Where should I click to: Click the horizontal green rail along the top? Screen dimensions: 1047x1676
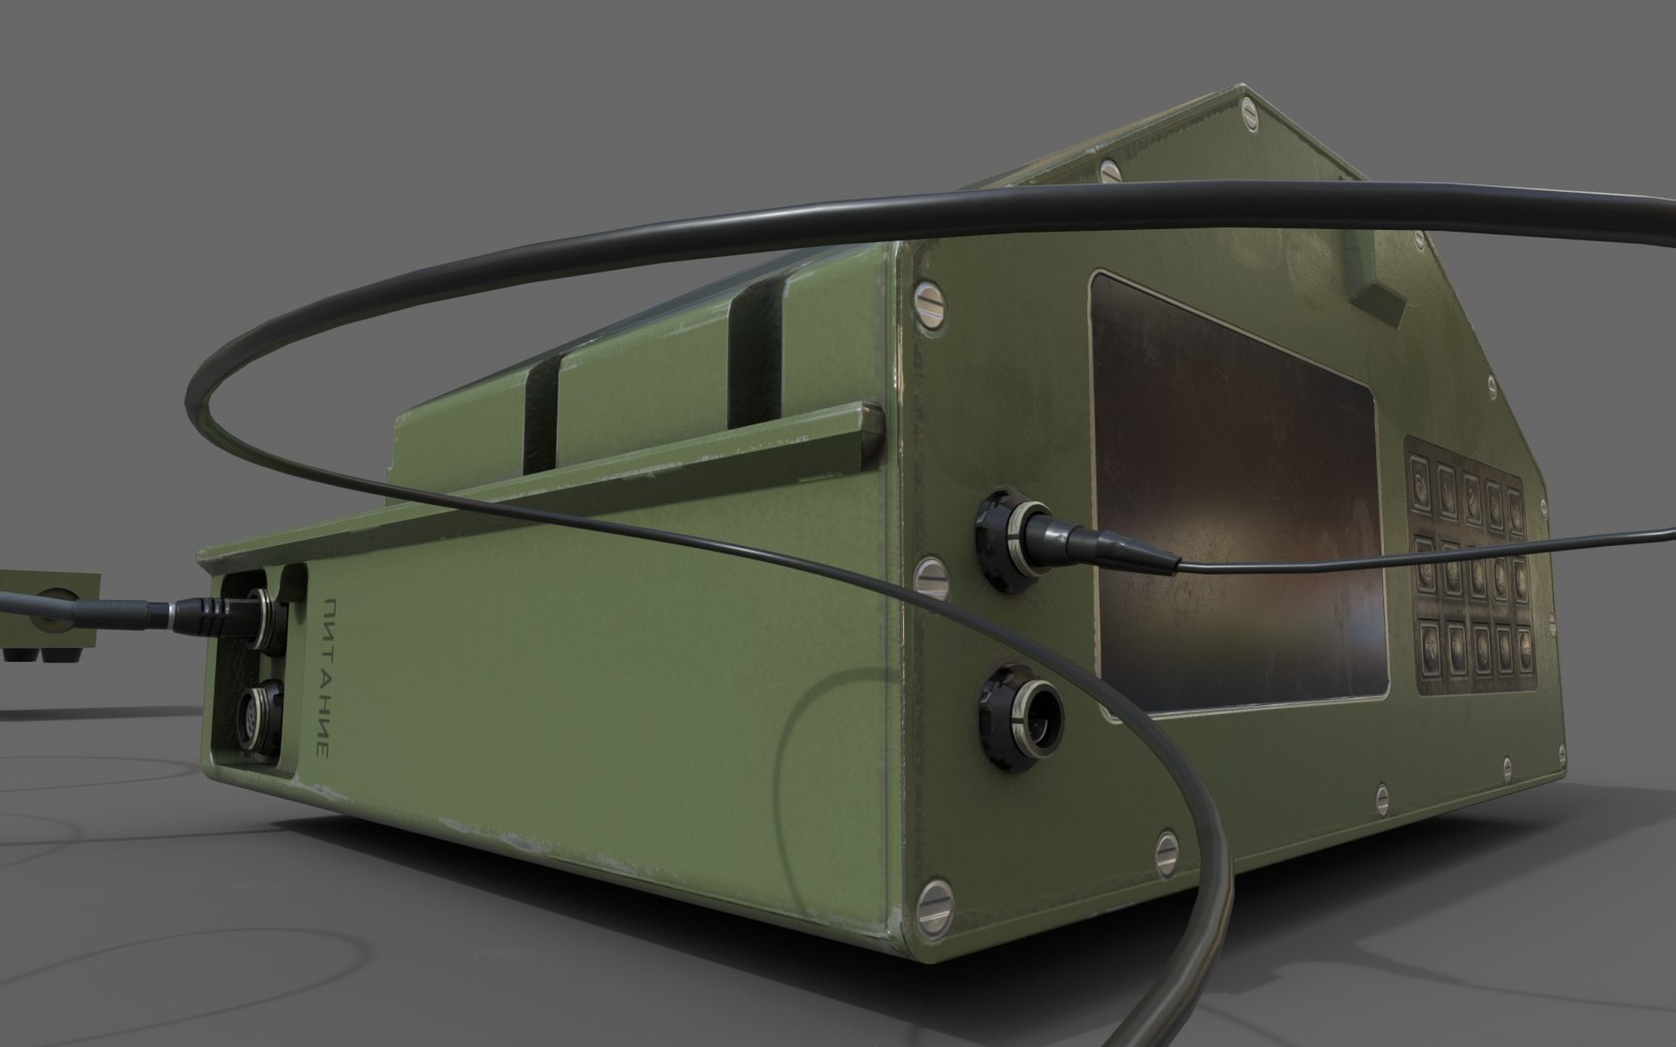(x=543, y=485)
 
